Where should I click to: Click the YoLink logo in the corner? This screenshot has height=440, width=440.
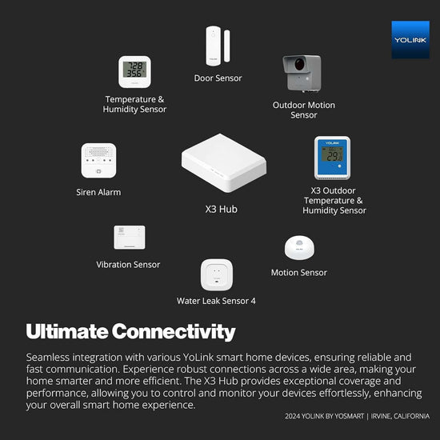(410, 40)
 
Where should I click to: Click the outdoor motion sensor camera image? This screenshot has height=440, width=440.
(302, 74)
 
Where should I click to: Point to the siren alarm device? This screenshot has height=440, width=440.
(98, 161)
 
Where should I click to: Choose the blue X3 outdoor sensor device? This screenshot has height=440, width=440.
(332, 158)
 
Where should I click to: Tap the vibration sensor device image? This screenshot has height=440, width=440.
(130, 237)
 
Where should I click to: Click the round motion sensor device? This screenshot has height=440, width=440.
(300, 248)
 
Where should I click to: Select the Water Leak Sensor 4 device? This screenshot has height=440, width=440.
(216, 274)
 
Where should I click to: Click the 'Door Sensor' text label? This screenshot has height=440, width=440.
(218, 78)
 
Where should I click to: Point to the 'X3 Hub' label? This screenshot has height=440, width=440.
(222, 210)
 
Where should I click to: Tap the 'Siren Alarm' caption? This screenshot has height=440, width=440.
(99, 192)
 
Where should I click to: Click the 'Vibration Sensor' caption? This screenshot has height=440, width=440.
(128, 265)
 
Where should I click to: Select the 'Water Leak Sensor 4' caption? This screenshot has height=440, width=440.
(216, 301)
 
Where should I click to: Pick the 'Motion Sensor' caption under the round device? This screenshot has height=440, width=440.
(298, 273)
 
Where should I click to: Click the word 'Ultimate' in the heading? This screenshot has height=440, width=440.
(67, 331)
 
